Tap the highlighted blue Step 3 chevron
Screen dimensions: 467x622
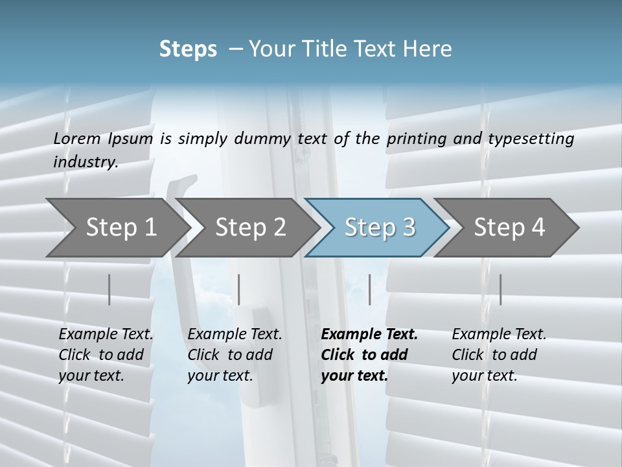(x=379, y=228)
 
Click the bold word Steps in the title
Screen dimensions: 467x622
(x=188, y=49)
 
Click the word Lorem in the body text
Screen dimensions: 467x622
(x=77, y=138)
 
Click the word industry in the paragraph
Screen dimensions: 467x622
(x=85, y=162)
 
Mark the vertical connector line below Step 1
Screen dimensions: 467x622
(x=109, y=289)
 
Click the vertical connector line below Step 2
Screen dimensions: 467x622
(x=239, y=289)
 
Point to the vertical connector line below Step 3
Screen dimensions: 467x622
(x=369, y=289)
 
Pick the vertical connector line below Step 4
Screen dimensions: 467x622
(x=500, y=289)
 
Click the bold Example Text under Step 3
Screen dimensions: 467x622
(x=369, y=335)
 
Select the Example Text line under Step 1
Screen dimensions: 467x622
(x=106, y=335)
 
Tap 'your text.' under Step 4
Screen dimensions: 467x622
(x=484, y=376)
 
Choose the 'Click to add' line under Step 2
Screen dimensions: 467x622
(x=230, y=355)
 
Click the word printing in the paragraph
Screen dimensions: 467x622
(x=417, y=138)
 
